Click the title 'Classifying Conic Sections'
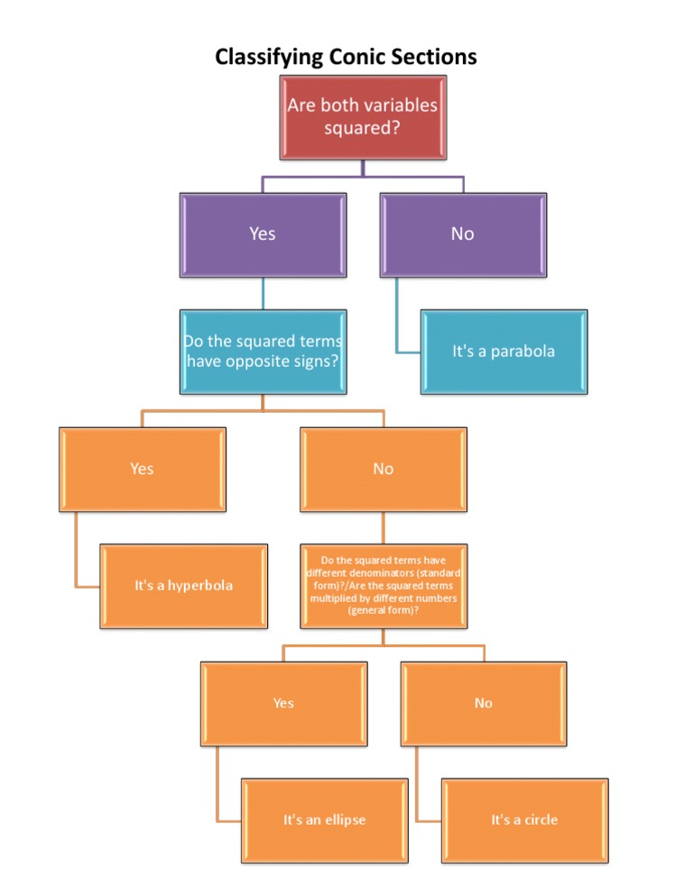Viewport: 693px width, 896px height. coord(346,57)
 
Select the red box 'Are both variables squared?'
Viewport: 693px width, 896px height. coord(362,117)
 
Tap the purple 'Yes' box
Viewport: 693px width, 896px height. coord(263,234)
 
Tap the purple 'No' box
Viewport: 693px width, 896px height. coord(463,234)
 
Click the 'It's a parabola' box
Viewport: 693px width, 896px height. coord(504,352)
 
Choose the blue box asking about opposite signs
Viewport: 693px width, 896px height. coord(263,352)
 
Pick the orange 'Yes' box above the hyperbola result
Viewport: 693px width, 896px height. coord(142,469)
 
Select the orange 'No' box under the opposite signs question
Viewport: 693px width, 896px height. coord(383,469)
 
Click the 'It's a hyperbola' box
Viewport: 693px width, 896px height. coord(183,586)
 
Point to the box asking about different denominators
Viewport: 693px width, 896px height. coord(383,586)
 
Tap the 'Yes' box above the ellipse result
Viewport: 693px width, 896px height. coord(283,703)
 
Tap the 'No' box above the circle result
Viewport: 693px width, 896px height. coord(484,703)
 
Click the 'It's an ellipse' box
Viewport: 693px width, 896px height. coord(324,820)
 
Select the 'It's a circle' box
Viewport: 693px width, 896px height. coord(524,820)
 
